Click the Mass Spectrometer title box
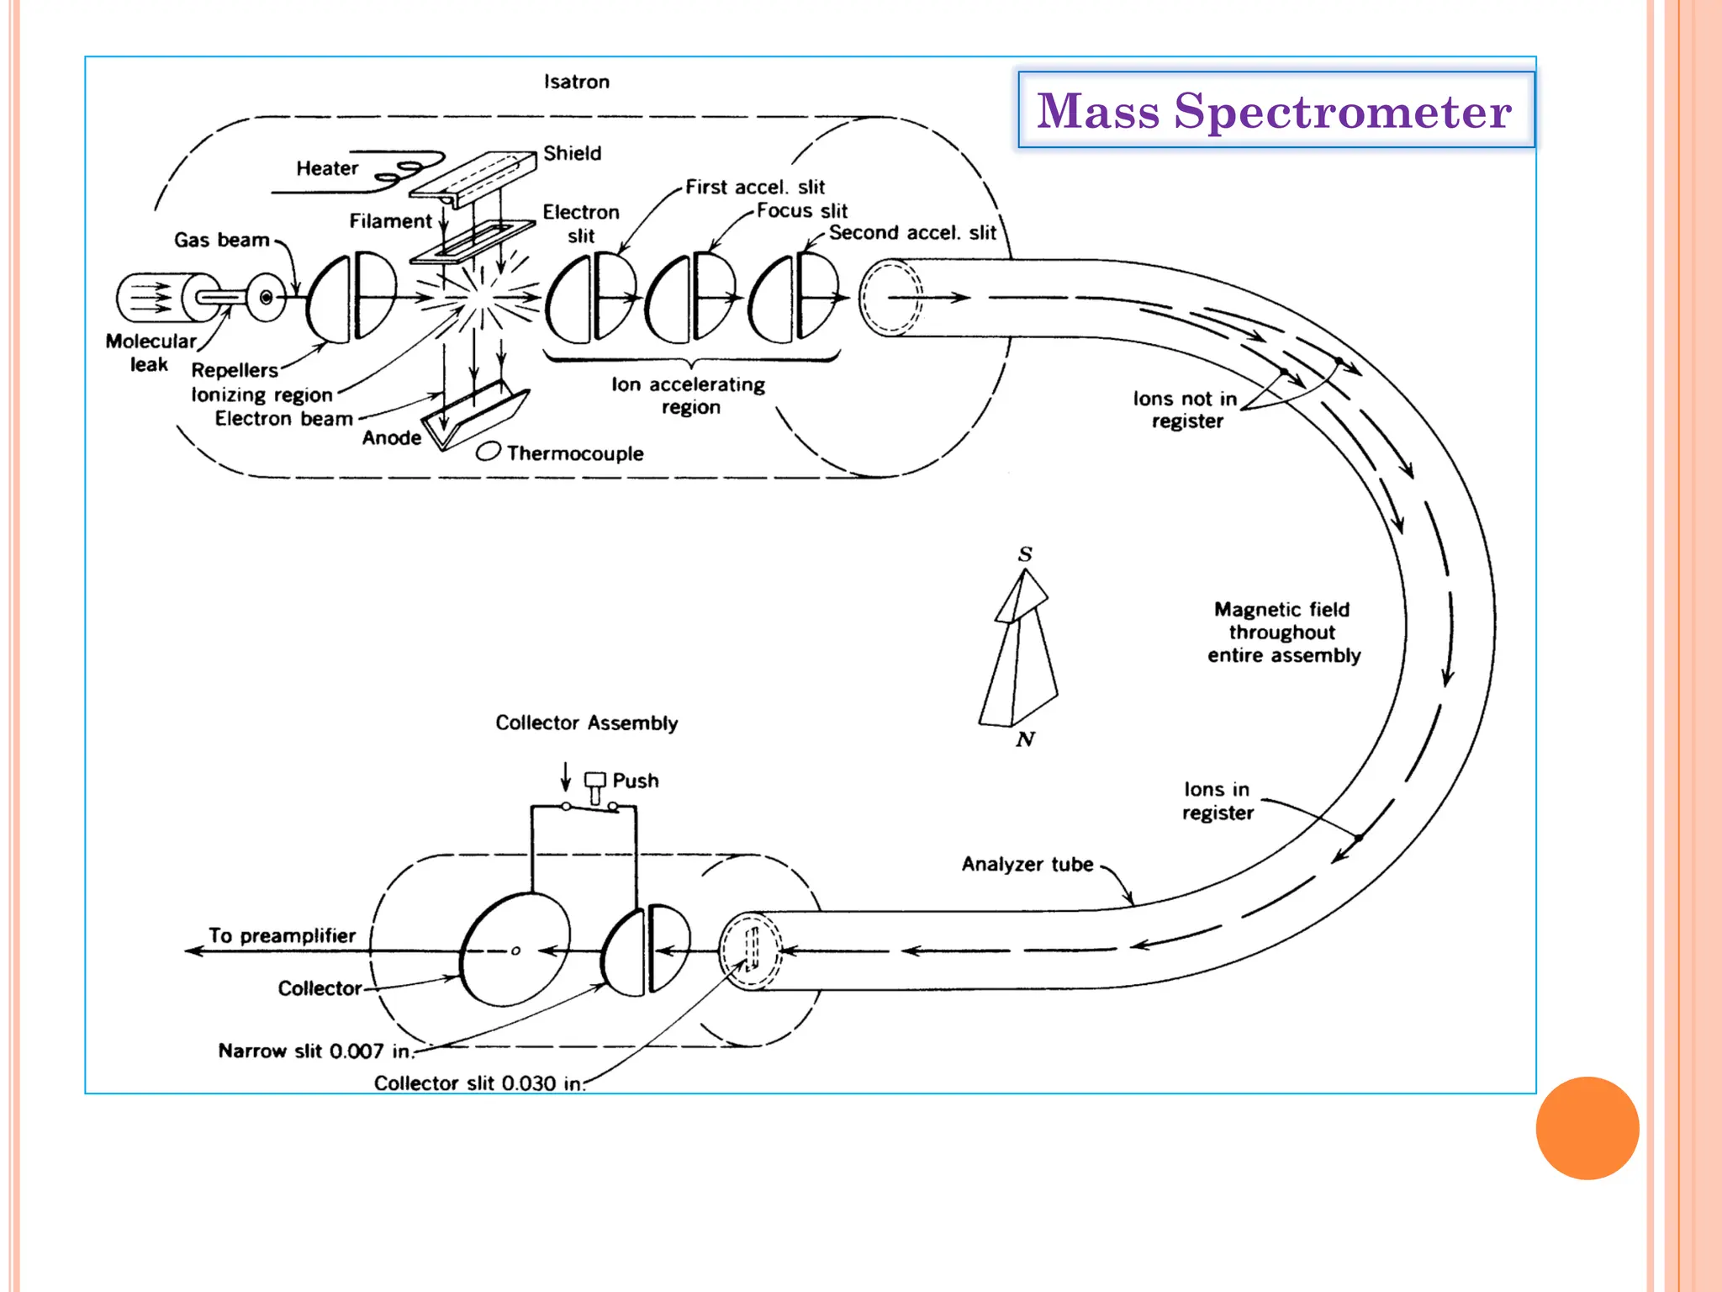tap(1275, 110)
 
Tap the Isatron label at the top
tap(576, 82)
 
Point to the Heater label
tap(327, 168)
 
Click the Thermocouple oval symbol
tap(488, 452)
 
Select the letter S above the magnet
tap(1025, 553)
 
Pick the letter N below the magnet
tap(1025, 739)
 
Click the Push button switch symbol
tap(595, 786)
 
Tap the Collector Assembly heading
tap(586, 723)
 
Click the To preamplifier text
tap(282, 935)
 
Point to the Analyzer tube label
tap(1027, 864)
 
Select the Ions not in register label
tap(1186, 410)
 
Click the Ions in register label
tap(1217, 801)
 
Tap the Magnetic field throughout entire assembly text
tap(1283, 632)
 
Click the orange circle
tap(1587, 1128)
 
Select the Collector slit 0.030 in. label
tap(479, 1083)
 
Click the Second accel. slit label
tap(912, 232)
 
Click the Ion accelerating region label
tap(689, 395)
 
